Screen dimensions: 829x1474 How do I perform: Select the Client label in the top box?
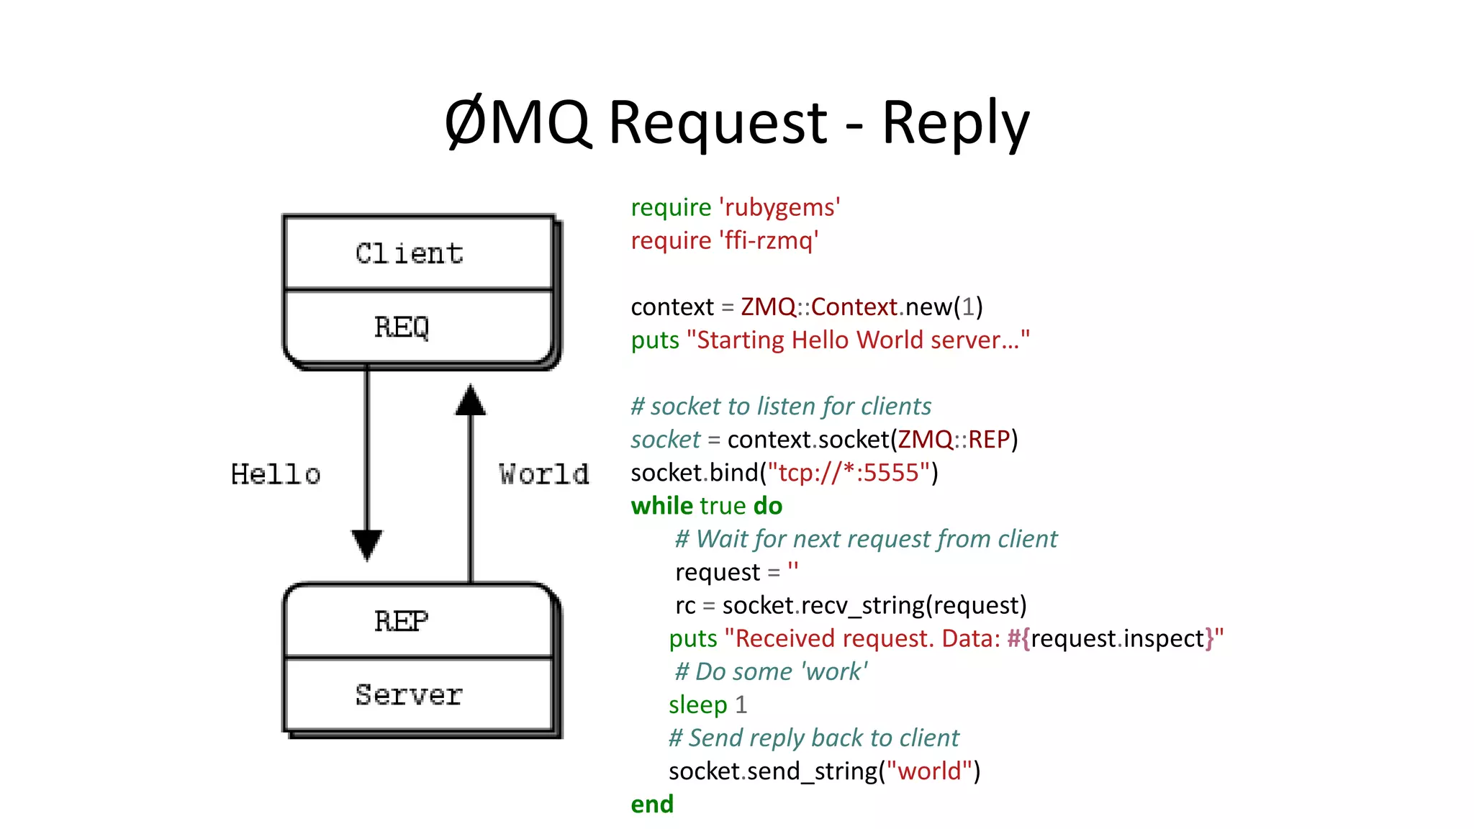click(x=409, y=253)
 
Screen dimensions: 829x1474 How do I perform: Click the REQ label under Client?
click(x=402, y=327)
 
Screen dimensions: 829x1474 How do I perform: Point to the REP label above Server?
click(x=402, y=621)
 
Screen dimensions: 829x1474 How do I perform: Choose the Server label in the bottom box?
click(x=409, y=694)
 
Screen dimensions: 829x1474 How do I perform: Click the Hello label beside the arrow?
click(x=276, y=474)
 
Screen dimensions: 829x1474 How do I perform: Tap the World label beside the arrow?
click(x=544, y=474)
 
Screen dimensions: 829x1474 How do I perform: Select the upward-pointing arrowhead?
click(x=471, y=400)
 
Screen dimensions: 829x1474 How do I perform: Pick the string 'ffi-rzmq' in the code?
click(x=769, y=240)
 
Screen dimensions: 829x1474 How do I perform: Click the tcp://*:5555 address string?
click(x=849, y=473)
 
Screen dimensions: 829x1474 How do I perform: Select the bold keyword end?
click(x=652, y=804)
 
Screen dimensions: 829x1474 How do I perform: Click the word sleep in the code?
click(x=697, y=705)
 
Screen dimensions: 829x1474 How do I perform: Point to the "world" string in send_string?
click(x=929, y=771)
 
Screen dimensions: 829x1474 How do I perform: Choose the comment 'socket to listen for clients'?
click(x=781, y=407)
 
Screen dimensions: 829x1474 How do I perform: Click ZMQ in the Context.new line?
click(x=767, y=307)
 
